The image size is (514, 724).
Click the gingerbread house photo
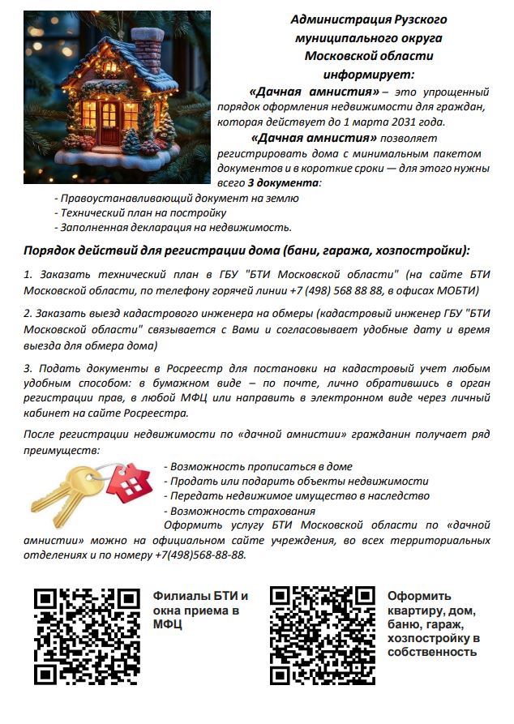pyautogui.click(x=117, y=96)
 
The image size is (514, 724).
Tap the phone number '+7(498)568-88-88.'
pyautogui.click(x=199, y=555)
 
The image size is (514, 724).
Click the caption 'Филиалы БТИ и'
pyautogui.click(x=201, y=596)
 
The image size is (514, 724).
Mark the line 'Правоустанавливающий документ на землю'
pyautogui.click(x=176, y=198)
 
